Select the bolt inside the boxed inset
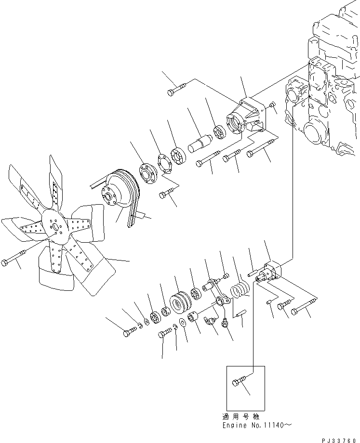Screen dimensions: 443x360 coord(240,382)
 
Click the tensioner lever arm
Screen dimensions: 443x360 coord(214,294)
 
